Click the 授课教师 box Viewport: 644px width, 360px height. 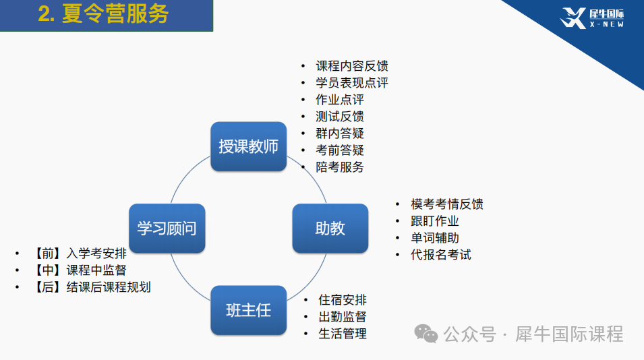point(248,146)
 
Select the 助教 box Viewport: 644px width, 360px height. point(330,229)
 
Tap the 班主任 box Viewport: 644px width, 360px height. point(248,310)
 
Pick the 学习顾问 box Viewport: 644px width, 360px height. point(167,229)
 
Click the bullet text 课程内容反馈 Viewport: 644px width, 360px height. point(352,66)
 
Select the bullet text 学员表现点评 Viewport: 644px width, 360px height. point(352,83)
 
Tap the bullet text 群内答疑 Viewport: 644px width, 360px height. point(340,133)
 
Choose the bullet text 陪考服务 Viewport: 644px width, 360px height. point(340,167)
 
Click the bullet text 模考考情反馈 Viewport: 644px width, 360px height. point(447,204)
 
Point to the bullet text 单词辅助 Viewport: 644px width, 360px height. point(435,238)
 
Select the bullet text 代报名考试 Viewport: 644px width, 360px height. point(441,255)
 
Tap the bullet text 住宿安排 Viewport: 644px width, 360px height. point(343,300)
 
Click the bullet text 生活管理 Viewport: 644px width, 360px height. point(343,334)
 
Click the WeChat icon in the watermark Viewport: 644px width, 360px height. point(426,334)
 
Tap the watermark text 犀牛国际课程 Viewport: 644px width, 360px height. point(569,334)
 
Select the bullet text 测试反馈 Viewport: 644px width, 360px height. point(340,117)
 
